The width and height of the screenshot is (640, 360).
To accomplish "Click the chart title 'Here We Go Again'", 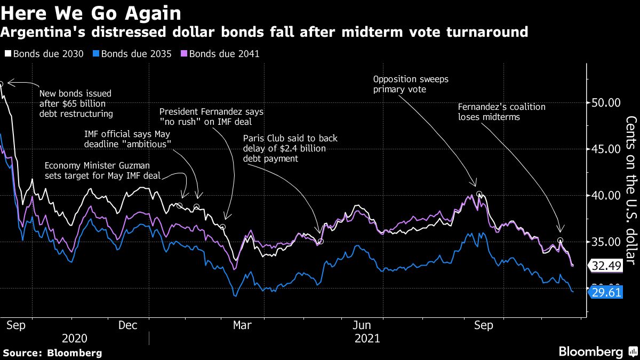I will (91, 12).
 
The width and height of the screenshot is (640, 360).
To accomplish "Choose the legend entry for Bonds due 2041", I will (220, 54).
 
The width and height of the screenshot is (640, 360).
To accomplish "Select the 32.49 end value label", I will (605, 265).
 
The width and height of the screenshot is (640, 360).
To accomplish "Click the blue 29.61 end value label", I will (605, 292).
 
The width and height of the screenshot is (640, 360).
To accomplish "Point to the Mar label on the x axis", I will (242, 325).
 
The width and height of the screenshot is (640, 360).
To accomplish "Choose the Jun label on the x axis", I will (363, 325).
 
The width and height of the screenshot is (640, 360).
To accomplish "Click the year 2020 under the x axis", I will (75, 338).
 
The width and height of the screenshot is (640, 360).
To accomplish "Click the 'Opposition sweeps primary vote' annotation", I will (411, 84).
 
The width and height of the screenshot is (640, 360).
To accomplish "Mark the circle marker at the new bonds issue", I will (2, 84).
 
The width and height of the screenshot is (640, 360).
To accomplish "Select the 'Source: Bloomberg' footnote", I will (52, 353).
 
